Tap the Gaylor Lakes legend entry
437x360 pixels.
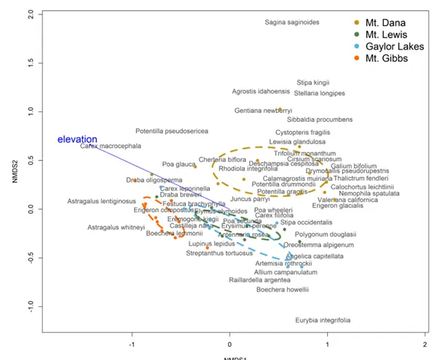click(x=386, y=47)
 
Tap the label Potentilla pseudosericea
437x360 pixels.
click(x=172, y=130)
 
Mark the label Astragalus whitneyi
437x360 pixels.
click(x=116, y=227)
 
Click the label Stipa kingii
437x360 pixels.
click(x=313, y=82)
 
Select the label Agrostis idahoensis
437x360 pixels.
click(x=260, y=92)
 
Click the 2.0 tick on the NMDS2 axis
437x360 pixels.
click(x=28, y=14)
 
